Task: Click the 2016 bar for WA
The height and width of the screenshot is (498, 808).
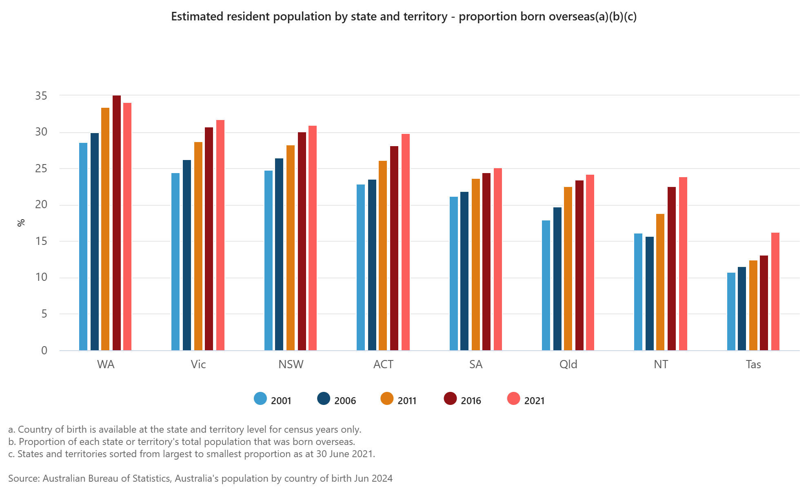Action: (117, 223)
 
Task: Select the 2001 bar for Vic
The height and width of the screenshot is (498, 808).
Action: (175, 262)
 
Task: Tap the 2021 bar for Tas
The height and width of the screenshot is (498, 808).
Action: (775, 291)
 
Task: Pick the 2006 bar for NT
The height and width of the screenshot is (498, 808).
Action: (650, 293)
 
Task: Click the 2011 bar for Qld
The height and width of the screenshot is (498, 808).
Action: (568, 269)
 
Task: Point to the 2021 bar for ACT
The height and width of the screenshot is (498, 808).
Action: (406, 242)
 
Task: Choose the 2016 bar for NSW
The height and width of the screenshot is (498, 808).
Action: (302, 241)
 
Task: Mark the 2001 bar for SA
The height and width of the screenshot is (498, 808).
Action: (454, 273)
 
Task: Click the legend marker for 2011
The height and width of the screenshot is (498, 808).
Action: (387, 399)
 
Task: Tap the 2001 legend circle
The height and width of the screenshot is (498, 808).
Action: (260, 399)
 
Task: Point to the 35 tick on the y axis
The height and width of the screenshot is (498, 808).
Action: (41, 96)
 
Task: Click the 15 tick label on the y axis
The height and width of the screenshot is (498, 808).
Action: (41, 241)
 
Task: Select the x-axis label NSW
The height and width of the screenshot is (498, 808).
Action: (291, 364)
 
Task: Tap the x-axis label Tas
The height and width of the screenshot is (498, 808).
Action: (753, 364)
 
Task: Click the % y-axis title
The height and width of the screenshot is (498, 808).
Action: (21, 222)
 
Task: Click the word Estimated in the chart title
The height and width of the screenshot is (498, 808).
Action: (198, 16)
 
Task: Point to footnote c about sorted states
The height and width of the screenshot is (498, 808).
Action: (191, 454)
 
